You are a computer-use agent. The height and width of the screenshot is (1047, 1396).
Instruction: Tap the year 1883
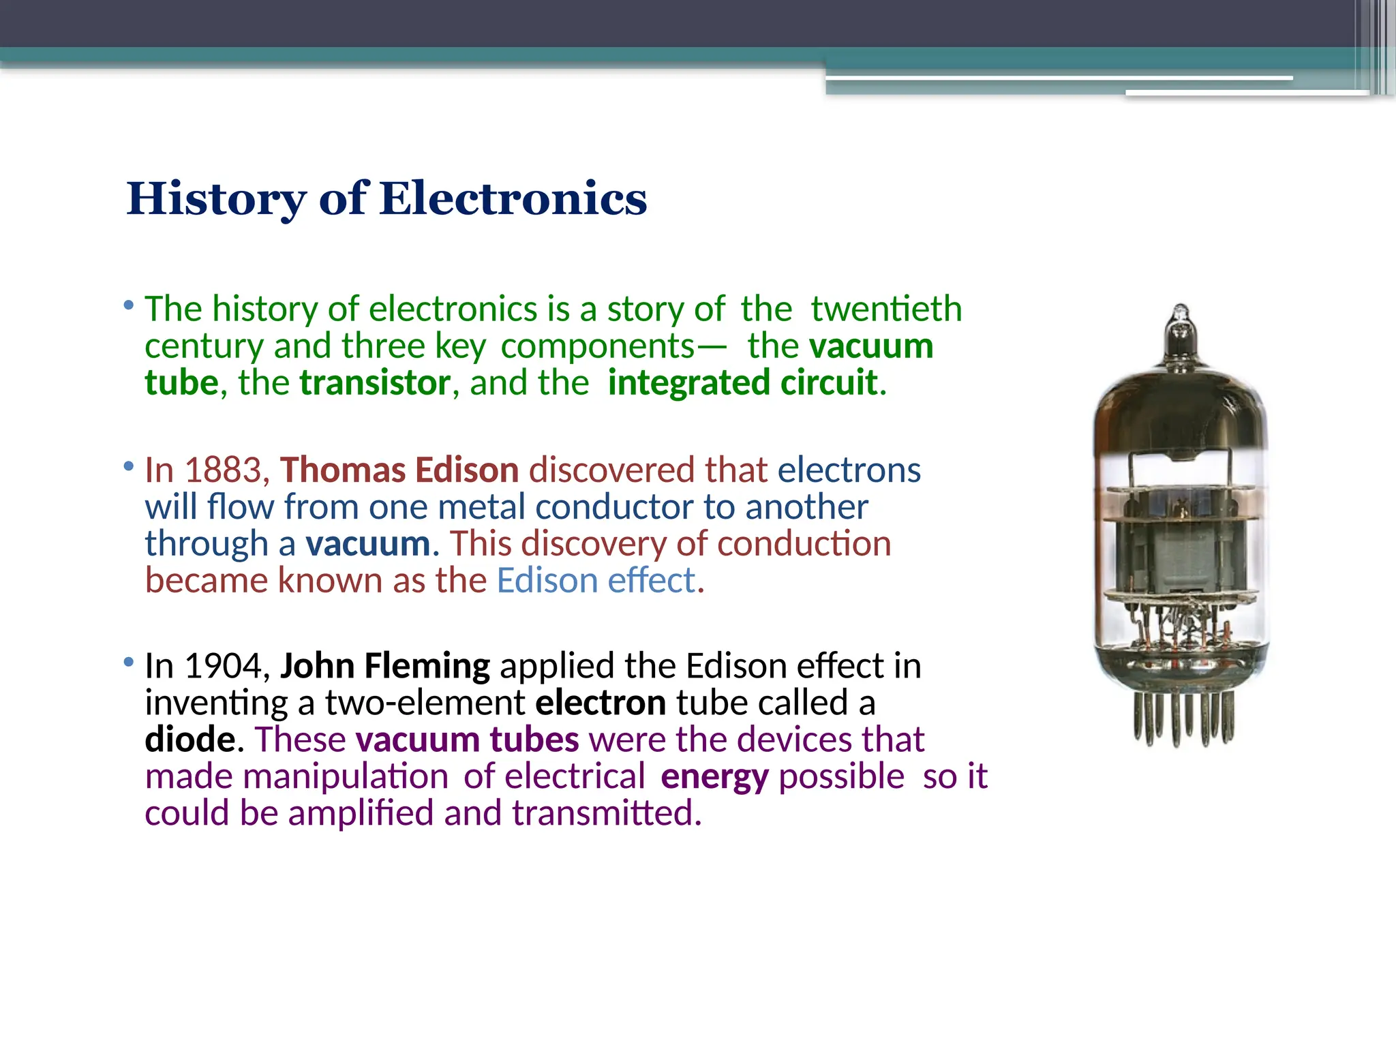click(224, 470)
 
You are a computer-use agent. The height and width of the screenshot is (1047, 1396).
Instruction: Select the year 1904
click(224, 666)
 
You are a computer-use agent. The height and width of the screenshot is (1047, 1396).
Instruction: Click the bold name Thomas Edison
click(399, 470)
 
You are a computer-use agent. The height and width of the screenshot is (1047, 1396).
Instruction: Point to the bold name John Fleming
click(384, 666)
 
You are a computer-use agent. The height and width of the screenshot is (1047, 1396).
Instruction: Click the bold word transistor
click(375, 382)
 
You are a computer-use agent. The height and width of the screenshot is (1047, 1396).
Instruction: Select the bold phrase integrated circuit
click(742, 382)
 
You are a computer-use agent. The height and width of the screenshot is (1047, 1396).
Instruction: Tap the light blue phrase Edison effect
click(596, 581)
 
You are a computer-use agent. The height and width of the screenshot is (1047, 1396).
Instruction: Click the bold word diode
click(190, 740)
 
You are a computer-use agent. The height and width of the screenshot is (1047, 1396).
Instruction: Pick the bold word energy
click(714, 777)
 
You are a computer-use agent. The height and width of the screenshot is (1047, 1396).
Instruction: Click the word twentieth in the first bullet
click(886, 309)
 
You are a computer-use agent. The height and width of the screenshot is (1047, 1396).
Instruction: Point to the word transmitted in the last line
click(606, 813)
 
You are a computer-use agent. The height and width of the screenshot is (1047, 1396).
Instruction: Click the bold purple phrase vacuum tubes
click(467, 740)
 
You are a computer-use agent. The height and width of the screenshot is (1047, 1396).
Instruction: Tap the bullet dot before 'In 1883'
click(129, 467)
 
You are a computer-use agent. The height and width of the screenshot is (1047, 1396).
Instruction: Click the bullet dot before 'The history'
click(129, 305)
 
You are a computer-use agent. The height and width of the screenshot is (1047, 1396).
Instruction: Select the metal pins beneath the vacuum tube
click(1183, 719)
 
